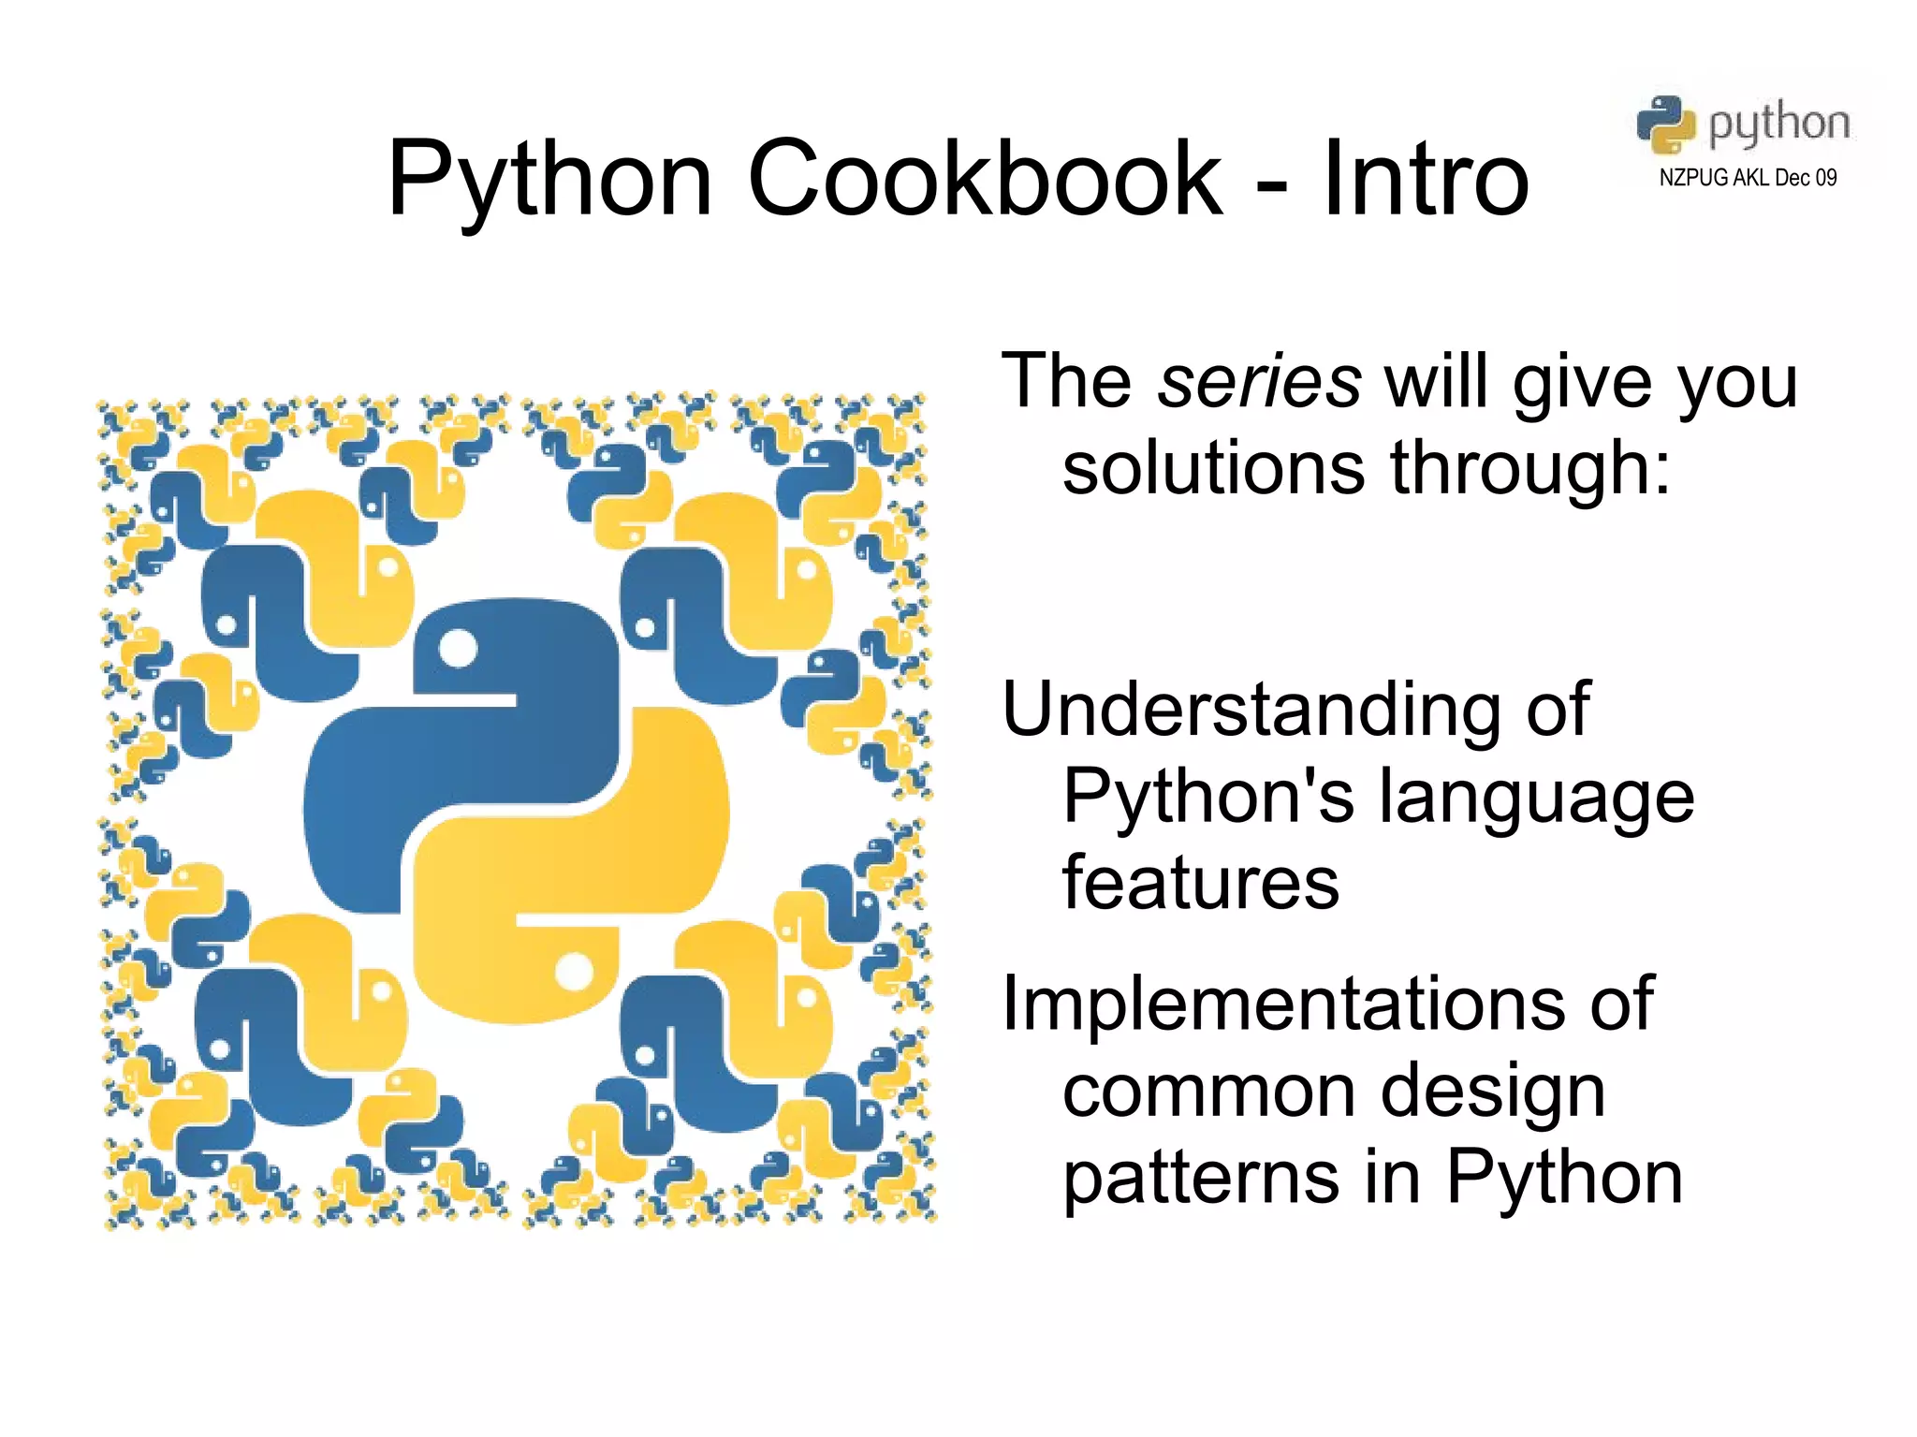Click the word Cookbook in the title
coord(985,178)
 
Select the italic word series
coord(1259,382)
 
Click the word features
coord(1201,883)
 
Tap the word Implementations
coord(1282,1004)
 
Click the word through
coord(1529,468)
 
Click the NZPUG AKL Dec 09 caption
coord(1747,178)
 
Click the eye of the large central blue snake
coord(458,649)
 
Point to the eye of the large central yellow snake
coord(574,971)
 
